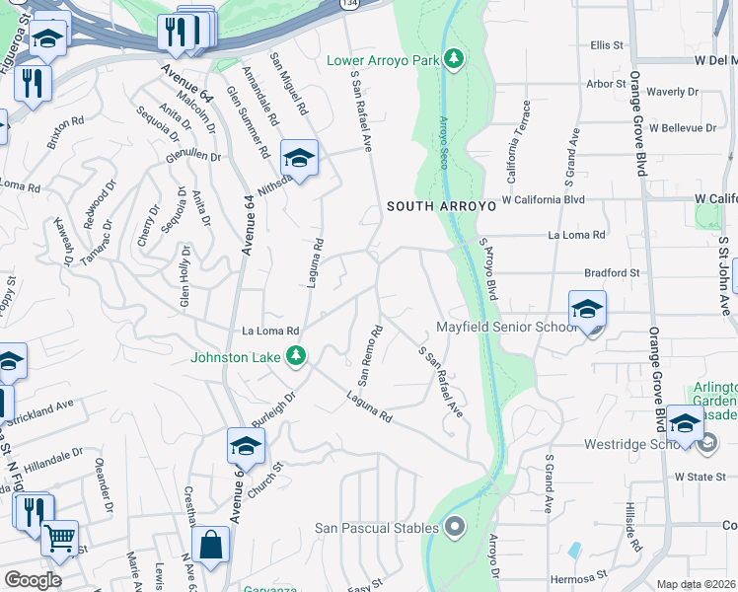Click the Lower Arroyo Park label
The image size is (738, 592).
pyautogui.click(x=383, y=60)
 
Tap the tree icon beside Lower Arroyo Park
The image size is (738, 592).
pyautogui.click(x=454, y=60)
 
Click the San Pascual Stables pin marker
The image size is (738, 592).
pyautogui.click(x=455, y=527)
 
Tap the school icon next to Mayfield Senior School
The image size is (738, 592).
pyautogui.click(x=587, y=309)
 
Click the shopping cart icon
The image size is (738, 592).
pyautogui.click(x=60, y=539)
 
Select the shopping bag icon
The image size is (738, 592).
pyautogui.click(x=210, y=545)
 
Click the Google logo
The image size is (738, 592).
pyautogui.click(x=33, y=580)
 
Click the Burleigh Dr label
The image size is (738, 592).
pyautogui.click(x=276, y=408)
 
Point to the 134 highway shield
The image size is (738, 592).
pyautogui.click(x=349, y=4)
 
